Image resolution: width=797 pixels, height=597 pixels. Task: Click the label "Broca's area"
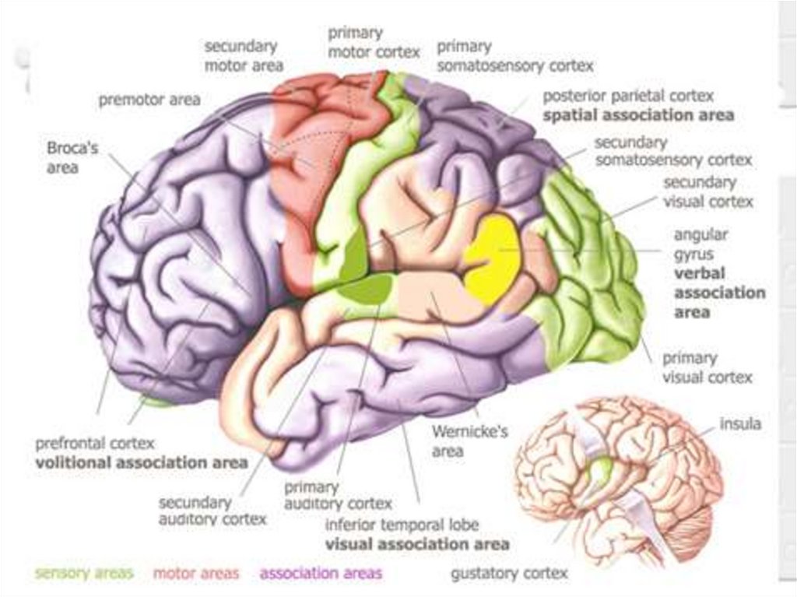point(72,156)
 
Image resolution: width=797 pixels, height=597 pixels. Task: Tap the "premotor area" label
point(149,100)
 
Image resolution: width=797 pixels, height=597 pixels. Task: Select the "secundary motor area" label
point(244,57)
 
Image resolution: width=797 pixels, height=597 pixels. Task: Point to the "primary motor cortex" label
point(373,43)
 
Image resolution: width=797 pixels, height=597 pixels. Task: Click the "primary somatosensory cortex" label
point(514,57)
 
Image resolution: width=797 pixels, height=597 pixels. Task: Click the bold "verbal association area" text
point(719,293)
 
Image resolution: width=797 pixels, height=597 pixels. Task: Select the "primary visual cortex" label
point(707,368)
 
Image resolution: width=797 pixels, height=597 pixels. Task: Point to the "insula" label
point(740,424)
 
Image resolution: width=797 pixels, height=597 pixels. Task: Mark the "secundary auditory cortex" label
point(212,511)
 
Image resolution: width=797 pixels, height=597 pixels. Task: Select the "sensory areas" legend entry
point(84,574)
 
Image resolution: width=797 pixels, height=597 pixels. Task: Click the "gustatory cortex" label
point(509,574)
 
